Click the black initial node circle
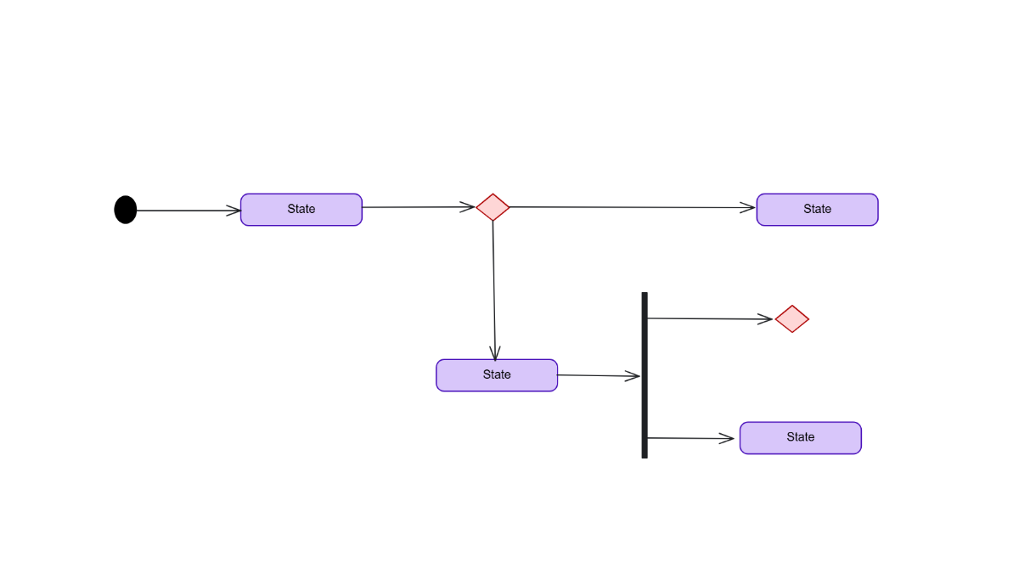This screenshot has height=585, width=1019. click(126, 210)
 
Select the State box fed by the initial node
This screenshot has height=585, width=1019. click(301, 210)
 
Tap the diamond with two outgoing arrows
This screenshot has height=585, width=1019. click(493, 207)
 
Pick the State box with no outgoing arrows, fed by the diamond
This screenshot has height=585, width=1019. click(817, 210)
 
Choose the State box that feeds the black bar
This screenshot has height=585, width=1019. click(497, 375)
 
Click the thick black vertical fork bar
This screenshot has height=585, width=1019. click(645, 375)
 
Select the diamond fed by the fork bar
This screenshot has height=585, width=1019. click(791, 319)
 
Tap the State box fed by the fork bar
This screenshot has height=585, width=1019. click(800, 438)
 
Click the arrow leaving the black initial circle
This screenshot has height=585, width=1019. click(187, 211)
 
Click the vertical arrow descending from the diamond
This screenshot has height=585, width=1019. click(493, 289)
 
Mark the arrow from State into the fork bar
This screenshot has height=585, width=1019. click(598, 375)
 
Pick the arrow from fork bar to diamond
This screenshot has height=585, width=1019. click(709, 318)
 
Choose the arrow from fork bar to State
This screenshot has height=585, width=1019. click(690, 438)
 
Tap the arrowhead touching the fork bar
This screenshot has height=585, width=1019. click(633, 376)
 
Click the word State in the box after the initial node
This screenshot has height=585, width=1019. click(301, 209)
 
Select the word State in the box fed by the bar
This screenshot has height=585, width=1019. click(800, 437)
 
